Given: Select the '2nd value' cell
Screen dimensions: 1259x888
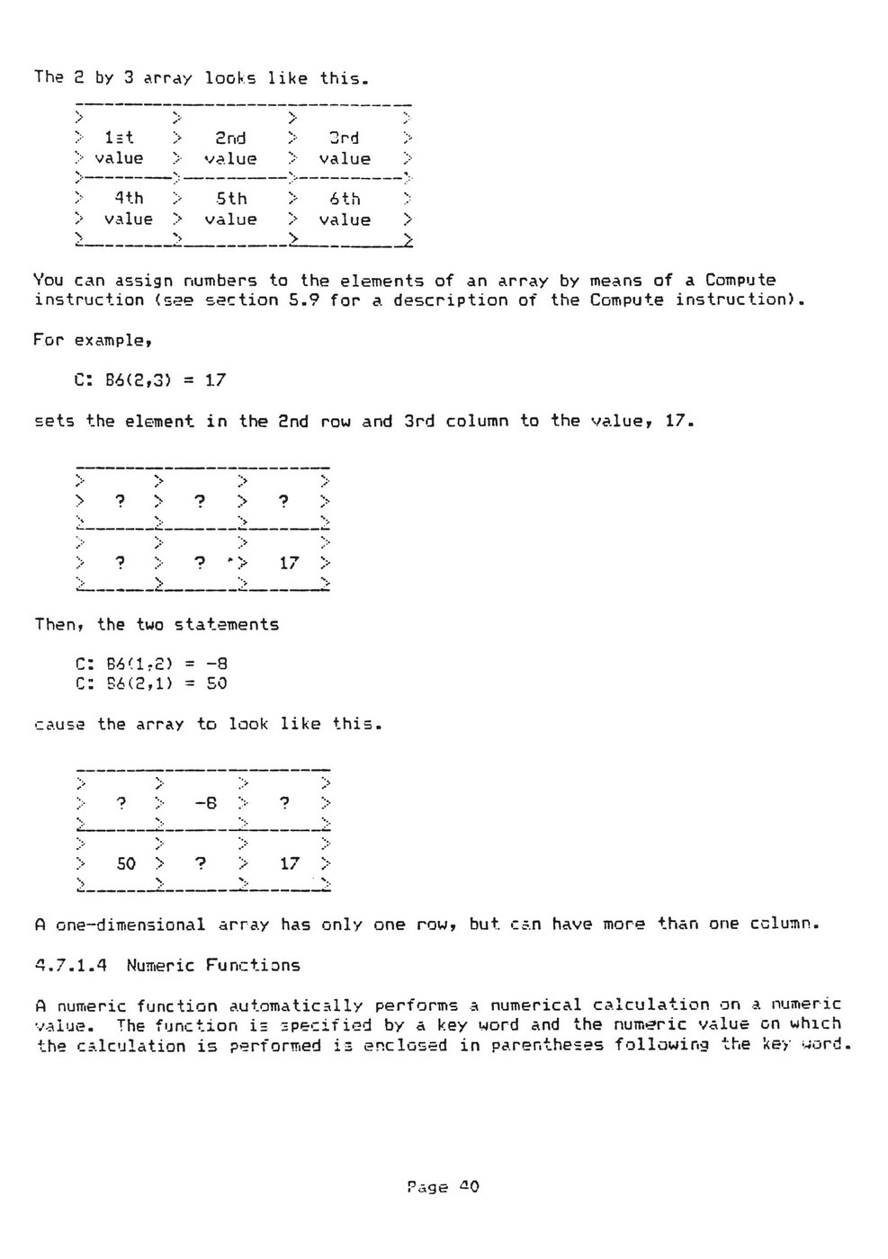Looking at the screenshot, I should [x=230, y=147].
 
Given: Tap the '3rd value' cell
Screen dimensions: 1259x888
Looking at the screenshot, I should [x=345, y=147].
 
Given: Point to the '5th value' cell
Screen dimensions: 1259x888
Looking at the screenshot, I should [x=230, y=209].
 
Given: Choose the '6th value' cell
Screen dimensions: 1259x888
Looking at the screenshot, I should [x=345, y=209].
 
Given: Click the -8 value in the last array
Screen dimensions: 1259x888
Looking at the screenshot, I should [x=205, y=803].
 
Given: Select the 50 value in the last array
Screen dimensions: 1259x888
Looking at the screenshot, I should [x=126, y=863].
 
